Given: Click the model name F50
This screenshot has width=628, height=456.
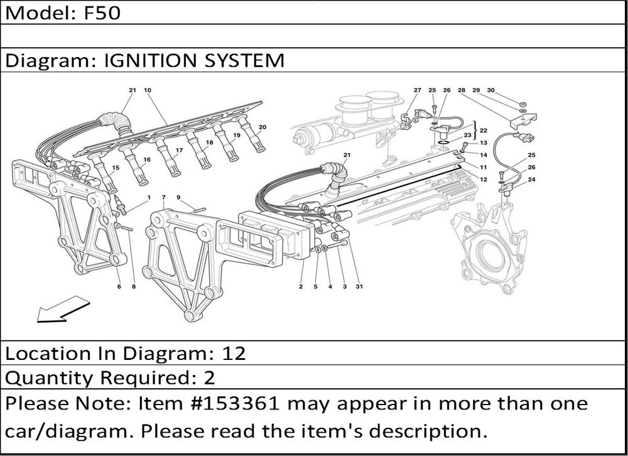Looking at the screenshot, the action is pyautogui.click(x=102, y=13).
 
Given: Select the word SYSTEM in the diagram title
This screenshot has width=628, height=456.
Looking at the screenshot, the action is pyautogui.click(x=244, y=60).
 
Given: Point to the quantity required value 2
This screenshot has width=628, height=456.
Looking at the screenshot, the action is pyautogui.click(x=210, y=378).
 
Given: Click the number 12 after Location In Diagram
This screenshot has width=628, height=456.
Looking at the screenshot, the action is pyautogui.click(x=234, y=354).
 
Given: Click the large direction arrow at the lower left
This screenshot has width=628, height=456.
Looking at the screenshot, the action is pyautogui.click(x=63, y=309).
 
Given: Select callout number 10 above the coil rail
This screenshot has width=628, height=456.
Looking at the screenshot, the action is pyautogui.click(x=148, y=90).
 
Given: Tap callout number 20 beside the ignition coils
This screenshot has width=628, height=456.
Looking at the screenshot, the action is pyautogui.click(x=263, y=128).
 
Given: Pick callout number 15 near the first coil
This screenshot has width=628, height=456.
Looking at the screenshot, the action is pyautogui.click(x=116, y=168).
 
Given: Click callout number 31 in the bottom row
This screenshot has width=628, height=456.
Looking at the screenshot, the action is pyautogui.click(x=359, y=286).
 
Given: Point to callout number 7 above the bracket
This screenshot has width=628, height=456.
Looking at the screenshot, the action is pyautogui.click(x=163, y=197).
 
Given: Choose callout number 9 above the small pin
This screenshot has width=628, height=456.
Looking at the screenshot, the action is pyautogui.click(x=178, y=197).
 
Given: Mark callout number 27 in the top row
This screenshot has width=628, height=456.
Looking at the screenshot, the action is pyautogui.click(x=418, y=90).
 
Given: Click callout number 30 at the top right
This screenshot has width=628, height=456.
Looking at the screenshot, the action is pyautogui.click(x=490, y=90).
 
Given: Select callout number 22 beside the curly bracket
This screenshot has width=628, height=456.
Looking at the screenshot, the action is pyautogui.click(x=484, y=130).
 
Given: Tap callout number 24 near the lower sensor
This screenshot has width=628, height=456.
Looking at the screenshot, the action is pyautogui.click(x=531, y=180).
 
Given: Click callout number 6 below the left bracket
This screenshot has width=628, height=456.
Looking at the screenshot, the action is pyautogui.click(x=119, y=286).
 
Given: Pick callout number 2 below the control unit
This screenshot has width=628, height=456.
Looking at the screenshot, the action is pyautogui.click(x=301, y=286).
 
